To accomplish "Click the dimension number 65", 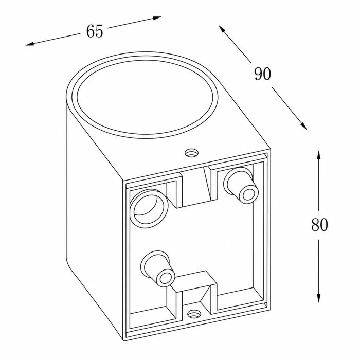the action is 95,31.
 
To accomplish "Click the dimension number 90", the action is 263,74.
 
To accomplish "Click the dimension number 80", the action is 319,225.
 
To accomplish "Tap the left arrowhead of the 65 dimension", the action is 29,44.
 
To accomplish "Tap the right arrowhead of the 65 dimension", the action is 157,17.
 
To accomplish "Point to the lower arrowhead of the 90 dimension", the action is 304,126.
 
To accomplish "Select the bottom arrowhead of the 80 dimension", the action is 318,298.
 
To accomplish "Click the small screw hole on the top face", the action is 192,152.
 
